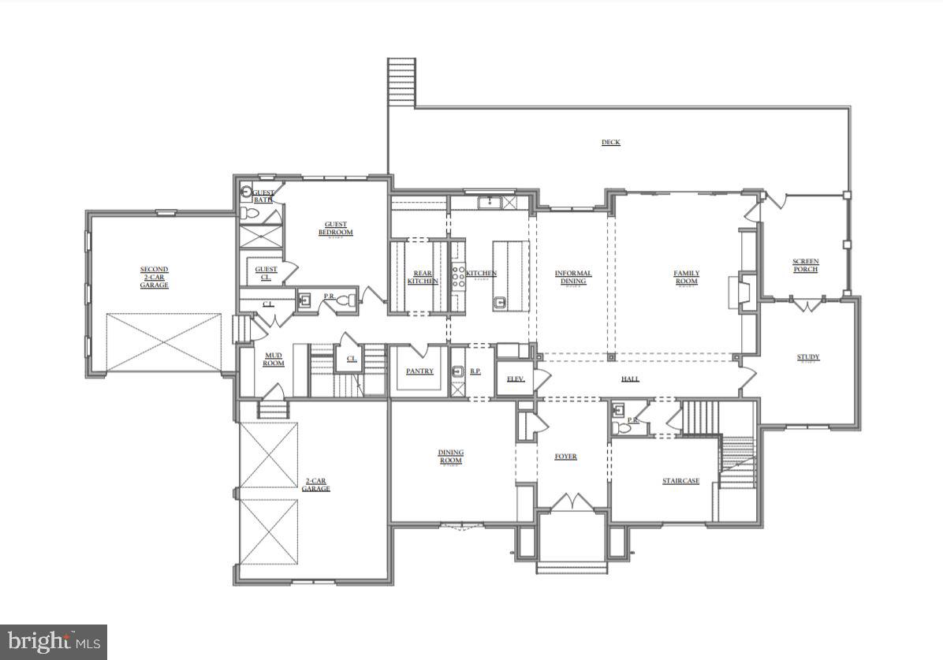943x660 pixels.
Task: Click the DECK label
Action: pos(610,143)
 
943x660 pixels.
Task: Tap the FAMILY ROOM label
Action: pos(686,278)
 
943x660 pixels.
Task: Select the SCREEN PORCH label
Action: pos(805,266)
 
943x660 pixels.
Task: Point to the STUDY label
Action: pos(807,357)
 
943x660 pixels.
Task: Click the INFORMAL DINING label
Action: pos(573,278)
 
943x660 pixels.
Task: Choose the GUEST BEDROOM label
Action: pos(335,229)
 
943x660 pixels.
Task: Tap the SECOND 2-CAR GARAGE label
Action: pos(154,277)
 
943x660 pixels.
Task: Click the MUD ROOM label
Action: pos(273,360)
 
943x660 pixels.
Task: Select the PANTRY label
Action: pos(419,371)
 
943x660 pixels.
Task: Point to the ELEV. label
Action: pos(515,379)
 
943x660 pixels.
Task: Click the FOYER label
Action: pos(565,457)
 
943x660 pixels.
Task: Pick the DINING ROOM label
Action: pos(451,457)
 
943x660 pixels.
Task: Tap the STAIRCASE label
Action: pos(680,481)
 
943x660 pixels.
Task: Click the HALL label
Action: pos(630,379)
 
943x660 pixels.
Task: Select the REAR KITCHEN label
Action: pos(423,278)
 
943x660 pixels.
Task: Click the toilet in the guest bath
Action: pos(246,192)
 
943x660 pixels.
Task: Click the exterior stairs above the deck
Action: pos(401,82)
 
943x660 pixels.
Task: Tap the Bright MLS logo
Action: pos(53,642)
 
